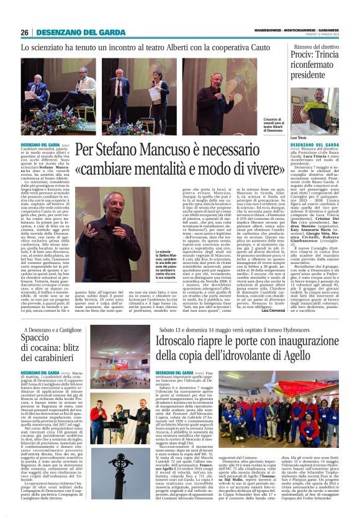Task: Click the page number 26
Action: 24,32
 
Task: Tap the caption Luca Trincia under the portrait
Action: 299,137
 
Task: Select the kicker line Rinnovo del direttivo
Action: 316,47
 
